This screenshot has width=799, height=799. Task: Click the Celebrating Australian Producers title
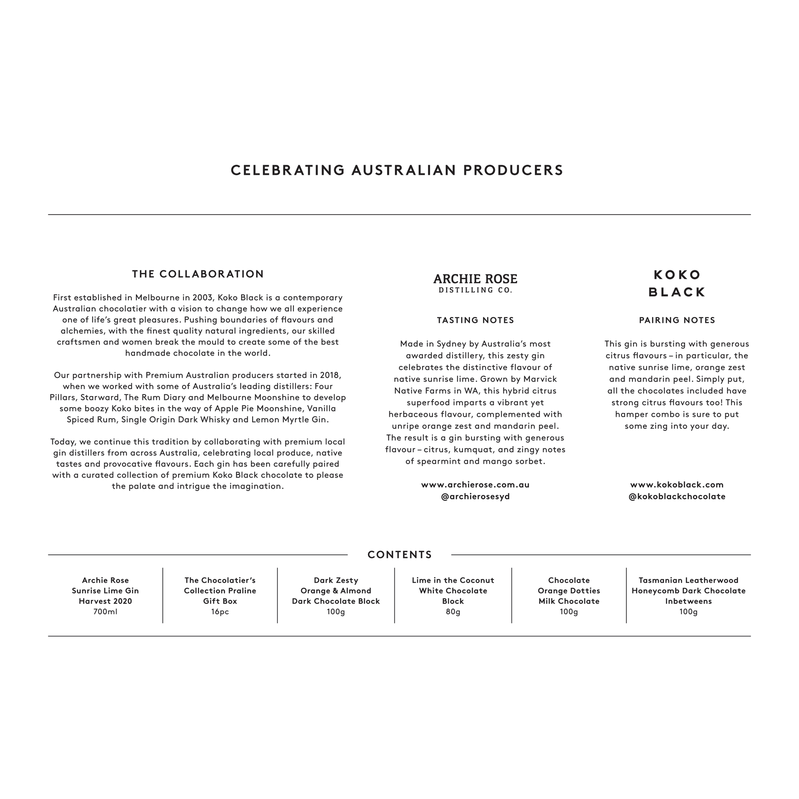pyautogui.click(x=397, y=170)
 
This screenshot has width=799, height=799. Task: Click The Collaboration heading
pyautogui.click(x=198, y=274)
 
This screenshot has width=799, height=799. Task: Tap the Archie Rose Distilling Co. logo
pyautogui.click(x=475, y=283)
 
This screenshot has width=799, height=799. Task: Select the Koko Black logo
pyautogui.click(x=677, y=283)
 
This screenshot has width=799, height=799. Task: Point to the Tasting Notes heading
pyautogui.click(x=475, y=320)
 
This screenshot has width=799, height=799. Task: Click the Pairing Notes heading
pyautogui.click(x=677, y=320)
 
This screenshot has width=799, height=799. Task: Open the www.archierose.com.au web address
pyautogui.click(x=475, y=485)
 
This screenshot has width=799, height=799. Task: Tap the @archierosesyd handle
pyautogui.click(x=475, y=496)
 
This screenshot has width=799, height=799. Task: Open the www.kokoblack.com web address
pyautogui.click(x=677, y=485)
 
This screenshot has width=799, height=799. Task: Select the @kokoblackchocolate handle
pyautogui.click(x=677, y=496)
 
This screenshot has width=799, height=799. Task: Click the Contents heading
pyautogui.click(x=399, y=555)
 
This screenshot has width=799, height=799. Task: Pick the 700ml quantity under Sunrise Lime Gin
pyautogui.click(x=105, y=612)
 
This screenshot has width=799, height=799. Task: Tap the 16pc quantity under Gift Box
pyautogui.click(x=220, y=612)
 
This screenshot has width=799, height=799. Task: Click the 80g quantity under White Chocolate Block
pyautogui.click(x=453, y=612)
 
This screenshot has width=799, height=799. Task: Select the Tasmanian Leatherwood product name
pyautogui.click(x=688, y=580)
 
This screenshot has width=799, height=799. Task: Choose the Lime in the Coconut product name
pyautogui.click(x=453, y=580)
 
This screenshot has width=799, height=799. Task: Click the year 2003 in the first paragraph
pyautogui.click(x=202, y=297)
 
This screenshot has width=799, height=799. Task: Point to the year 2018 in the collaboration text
pyautogui.click(x=329, y=375)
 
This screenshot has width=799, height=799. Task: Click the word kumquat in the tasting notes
pyautogui.click(x=471, y=450)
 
